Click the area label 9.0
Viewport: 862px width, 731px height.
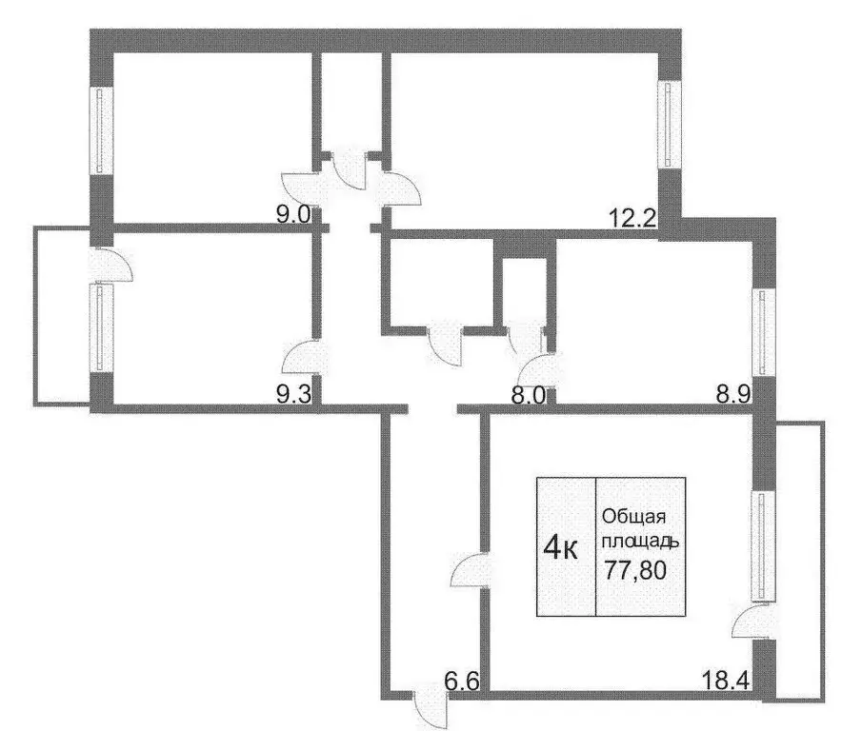[292, 215]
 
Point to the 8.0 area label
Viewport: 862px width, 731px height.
[525, 398]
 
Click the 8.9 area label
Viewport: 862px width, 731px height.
[735, 398]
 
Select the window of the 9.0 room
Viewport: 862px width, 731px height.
[100, 130]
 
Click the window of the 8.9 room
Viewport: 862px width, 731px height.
[763, 331]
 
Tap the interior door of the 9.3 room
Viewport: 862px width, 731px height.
[306, 360]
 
